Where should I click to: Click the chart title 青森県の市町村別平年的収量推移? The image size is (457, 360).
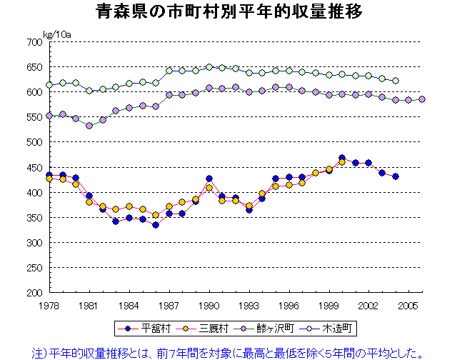[228, 12]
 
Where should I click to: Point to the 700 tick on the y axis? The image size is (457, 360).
[34, 42]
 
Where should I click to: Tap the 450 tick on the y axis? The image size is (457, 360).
[34, 168]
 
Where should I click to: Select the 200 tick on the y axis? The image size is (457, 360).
[34, 293]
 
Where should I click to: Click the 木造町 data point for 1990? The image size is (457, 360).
[209, 67]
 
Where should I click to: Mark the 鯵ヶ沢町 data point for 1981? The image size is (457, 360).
[89, 126]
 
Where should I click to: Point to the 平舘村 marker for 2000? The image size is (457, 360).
[342, 158]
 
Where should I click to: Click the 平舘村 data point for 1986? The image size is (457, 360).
[156, 225]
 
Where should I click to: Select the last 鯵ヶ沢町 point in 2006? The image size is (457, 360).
[422, 99]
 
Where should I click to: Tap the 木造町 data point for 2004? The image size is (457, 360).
[396, 81]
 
